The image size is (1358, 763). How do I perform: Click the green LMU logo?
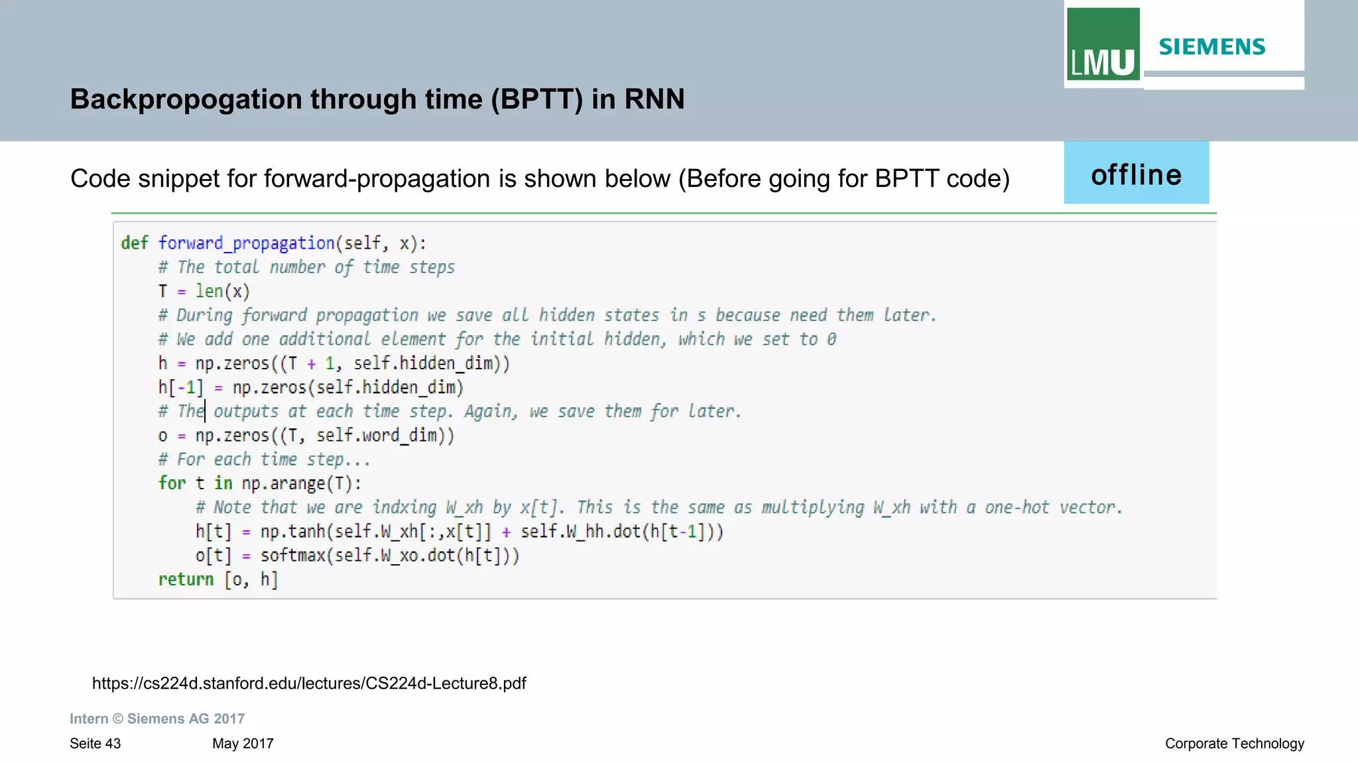click(x=1102, y=44)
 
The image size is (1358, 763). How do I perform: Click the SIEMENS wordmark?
click(x=1211, y=47)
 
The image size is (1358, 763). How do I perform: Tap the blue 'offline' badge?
click(x=1136, y=174)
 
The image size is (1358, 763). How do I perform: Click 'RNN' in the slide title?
click(x=654, y=99)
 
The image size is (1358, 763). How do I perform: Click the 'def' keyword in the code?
click(x=135, y=243)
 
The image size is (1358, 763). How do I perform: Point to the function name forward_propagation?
click(x=246, y=243)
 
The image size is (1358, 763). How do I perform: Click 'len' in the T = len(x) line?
click(x=209, y=292)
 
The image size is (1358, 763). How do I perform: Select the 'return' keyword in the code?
click(x=186, y=580)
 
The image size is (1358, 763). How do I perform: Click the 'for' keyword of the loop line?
click(x=172, y=483)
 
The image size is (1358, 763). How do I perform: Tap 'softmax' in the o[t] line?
click(x=292, y=556)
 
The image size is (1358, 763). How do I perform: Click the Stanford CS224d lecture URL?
click(x=309, y=683)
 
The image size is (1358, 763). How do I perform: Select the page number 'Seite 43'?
click(x=95, y=744)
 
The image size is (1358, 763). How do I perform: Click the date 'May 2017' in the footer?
click(x=243, y=744)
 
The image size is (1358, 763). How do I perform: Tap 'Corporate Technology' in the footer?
click(x=1234, y=744)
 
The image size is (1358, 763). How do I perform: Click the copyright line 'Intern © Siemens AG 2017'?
click(x=157, y=719)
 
